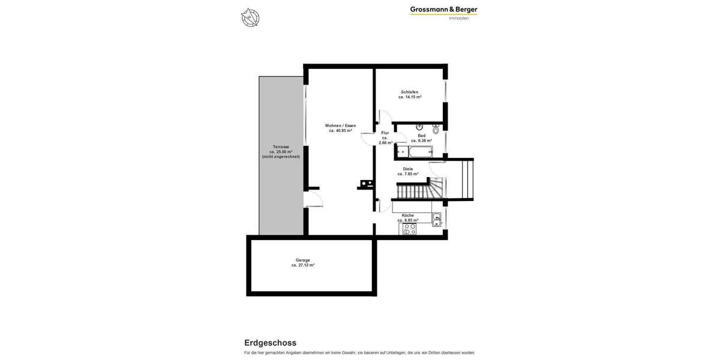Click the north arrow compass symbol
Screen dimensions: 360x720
click(x=250, y=17)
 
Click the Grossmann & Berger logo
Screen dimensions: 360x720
click(x=443, y=13)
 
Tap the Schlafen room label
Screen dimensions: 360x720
click(x=410, y=92)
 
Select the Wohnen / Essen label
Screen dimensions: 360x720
click(x=340, y=125)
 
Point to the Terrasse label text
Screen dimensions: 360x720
click(x=281, y=146)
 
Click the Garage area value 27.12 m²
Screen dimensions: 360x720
click(x=303, y=265)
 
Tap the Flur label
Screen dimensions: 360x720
click(x=385, y=133)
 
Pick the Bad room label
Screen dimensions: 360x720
click(x=422, y=136)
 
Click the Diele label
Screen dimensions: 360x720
click(x=408, y=169)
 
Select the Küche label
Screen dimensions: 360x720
click(x=408, y=215)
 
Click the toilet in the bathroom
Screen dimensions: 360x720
click(x=436, y=128)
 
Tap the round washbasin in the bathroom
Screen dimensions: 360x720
click(x=419, y=127)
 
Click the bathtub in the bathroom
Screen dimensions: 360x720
click(x=420, y=152)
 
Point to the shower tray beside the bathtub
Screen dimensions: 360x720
click(x=401, y=152)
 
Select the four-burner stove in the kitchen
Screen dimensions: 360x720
click(x=409, y=229)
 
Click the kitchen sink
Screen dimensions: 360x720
click(x=437, y=220)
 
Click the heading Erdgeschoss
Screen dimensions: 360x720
click(x=270, y=343)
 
